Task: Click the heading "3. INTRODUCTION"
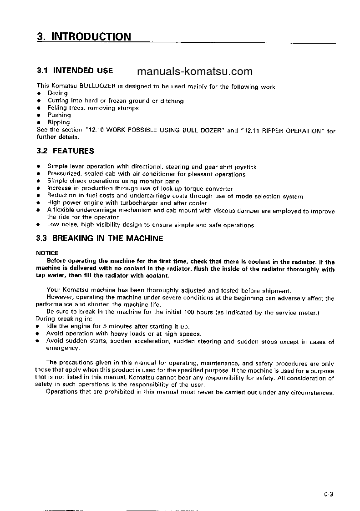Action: (x=84, y=36)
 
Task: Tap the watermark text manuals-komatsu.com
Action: (x=194, y=71)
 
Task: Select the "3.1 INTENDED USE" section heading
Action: (x=75, y=71)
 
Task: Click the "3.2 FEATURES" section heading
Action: (x=65, y=151)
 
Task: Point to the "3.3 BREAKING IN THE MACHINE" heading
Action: (x=100, y=238)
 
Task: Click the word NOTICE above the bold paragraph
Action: (x=47, y=253)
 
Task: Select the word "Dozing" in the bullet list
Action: (x=58, y=93)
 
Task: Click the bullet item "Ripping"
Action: (x=59, y=122)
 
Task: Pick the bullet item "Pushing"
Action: (x=59, y=115)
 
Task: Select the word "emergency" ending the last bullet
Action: (x=63, y=348)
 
